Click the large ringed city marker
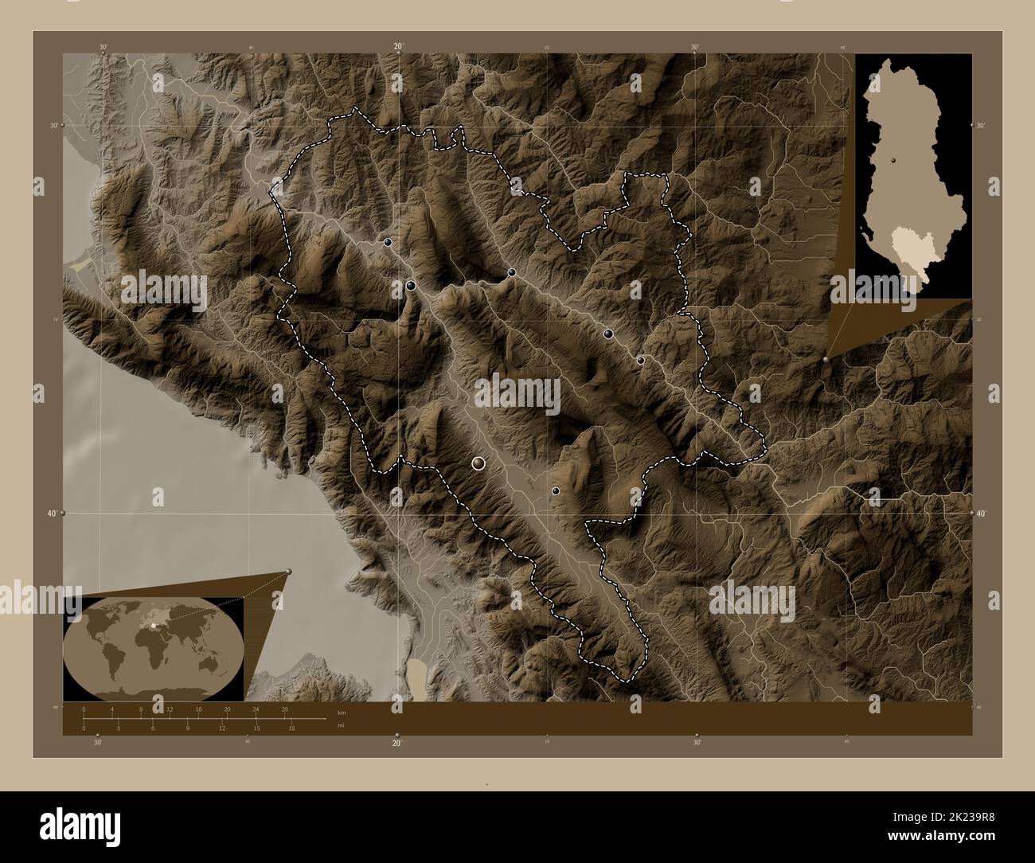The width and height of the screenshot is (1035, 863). coord(478,463)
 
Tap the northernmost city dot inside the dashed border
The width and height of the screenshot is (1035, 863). coord(388,243)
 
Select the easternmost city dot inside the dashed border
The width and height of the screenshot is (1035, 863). coord(640,361)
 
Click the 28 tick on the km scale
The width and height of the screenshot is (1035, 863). coord(285,709)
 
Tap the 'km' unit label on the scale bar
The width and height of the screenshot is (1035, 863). coord(342,712)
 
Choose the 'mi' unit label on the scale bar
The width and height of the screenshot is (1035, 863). coord(341,725)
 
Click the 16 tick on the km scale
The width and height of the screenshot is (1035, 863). coord(198,709)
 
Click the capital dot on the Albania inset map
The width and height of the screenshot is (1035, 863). coord(893,160)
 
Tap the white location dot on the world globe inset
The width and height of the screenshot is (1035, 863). coord(152,626)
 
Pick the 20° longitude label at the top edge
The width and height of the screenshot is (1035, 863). coord(398,47)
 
